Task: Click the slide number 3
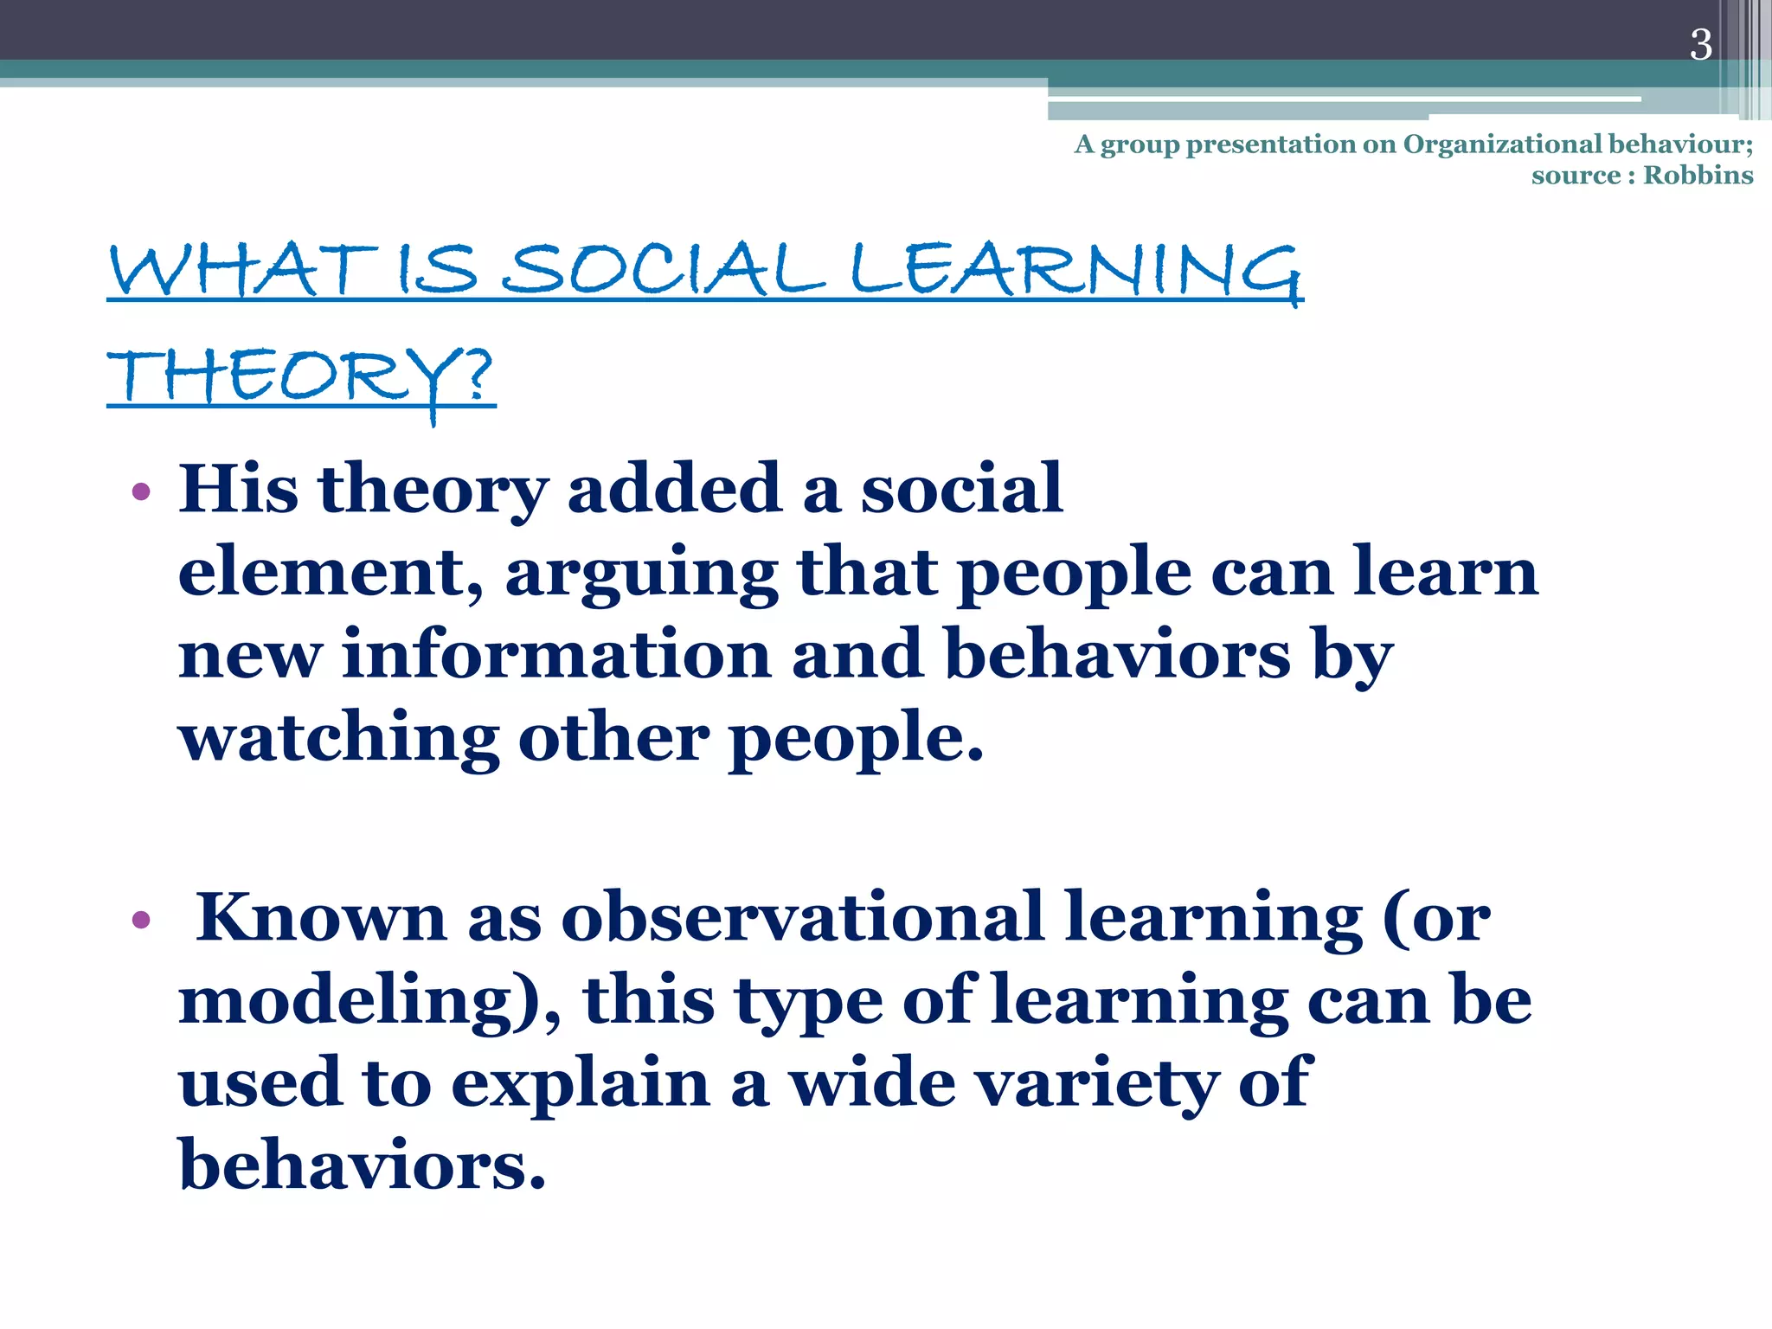pos(1700,45)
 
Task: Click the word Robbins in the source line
pos(1698,176)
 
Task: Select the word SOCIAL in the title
pos(663,270)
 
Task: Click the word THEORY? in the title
pos(300,377)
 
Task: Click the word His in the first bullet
pos(238,489)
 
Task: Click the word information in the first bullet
pos(556,655)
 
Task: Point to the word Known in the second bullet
pos(321,917)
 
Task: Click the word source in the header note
pos(1576,176)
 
